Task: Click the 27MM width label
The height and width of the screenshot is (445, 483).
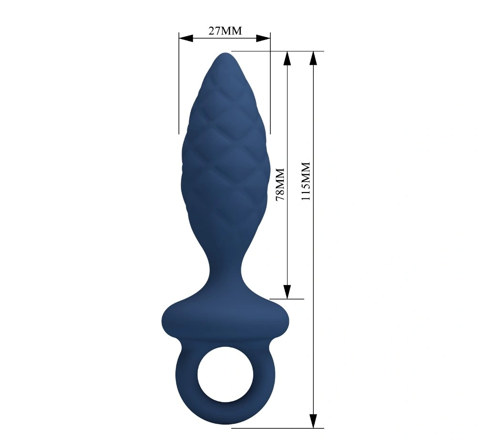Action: click(225, 31)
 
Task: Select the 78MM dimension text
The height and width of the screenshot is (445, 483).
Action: click(280, 184)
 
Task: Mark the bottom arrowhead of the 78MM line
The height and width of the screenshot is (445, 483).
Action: click(287, 292)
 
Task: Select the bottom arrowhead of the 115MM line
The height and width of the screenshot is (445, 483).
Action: click(313, 421)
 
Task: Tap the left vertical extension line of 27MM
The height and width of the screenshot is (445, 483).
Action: click(179, 86)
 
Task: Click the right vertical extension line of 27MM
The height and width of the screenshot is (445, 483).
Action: click(270, 86)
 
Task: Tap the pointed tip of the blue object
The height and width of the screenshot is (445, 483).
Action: click(225, 54)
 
